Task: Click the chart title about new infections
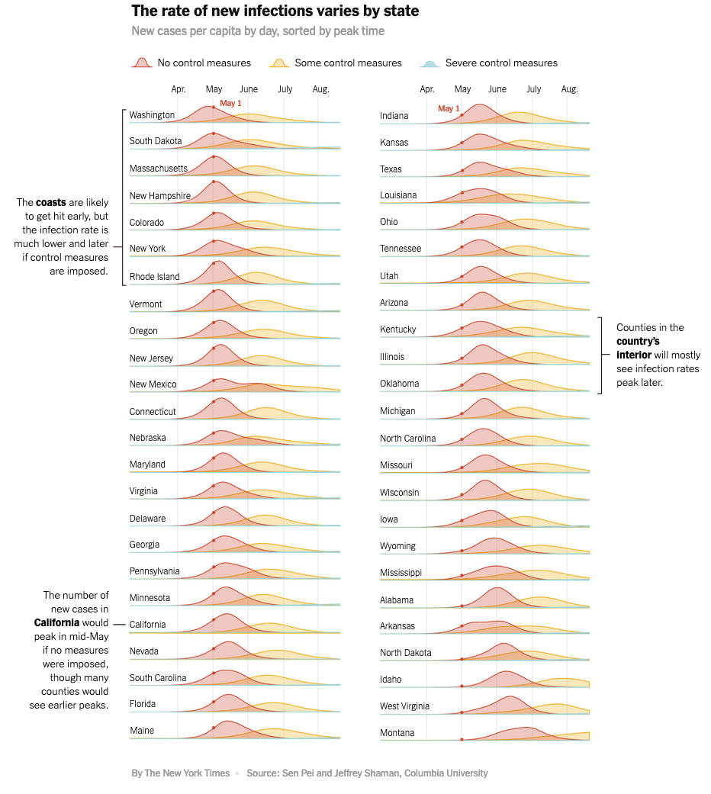pyautogui.click(x=275, y=11)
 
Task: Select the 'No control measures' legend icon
pyautogui.click(x=141, y=63)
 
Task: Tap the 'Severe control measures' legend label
pyautogui.click(x=501, y=63)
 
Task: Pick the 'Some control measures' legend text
pyautogui.click(x=348, y=63)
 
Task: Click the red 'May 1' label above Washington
pyautogui.click(x=230, y=103)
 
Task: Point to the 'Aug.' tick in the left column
pyautogui.click(x=320, y=89)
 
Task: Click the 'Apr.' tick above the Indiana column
pyautogui.click(x=427, y=89)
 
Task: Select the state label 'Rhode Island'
pyautogui.click(x=154, y=277)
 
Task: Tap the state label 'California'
pyautogui.click(x=147, y=625)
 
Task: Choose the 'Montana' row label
pyautogui.click(x=397, y=733)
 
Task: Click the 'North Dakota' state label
pyautogui.click(x=405, y=653)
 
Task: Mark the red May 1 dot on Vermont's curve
pyautogui.click(x=214, y=291)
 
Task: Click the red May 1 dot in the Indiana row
pyautogui.click(x=462, y=115)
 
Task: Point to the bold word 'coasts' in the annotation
pyautogui.click(x=50, y=202)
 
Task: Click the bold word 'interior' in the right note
pyautogui.click(x=634, y=355)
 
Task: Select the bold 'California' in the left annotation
pyautogui.click(x=56, y=622)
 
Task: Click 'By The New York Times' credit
pyautogui.click(x=180, y=773)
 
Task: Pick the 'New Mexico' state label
pyautogui.click(x=153, y=384)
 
